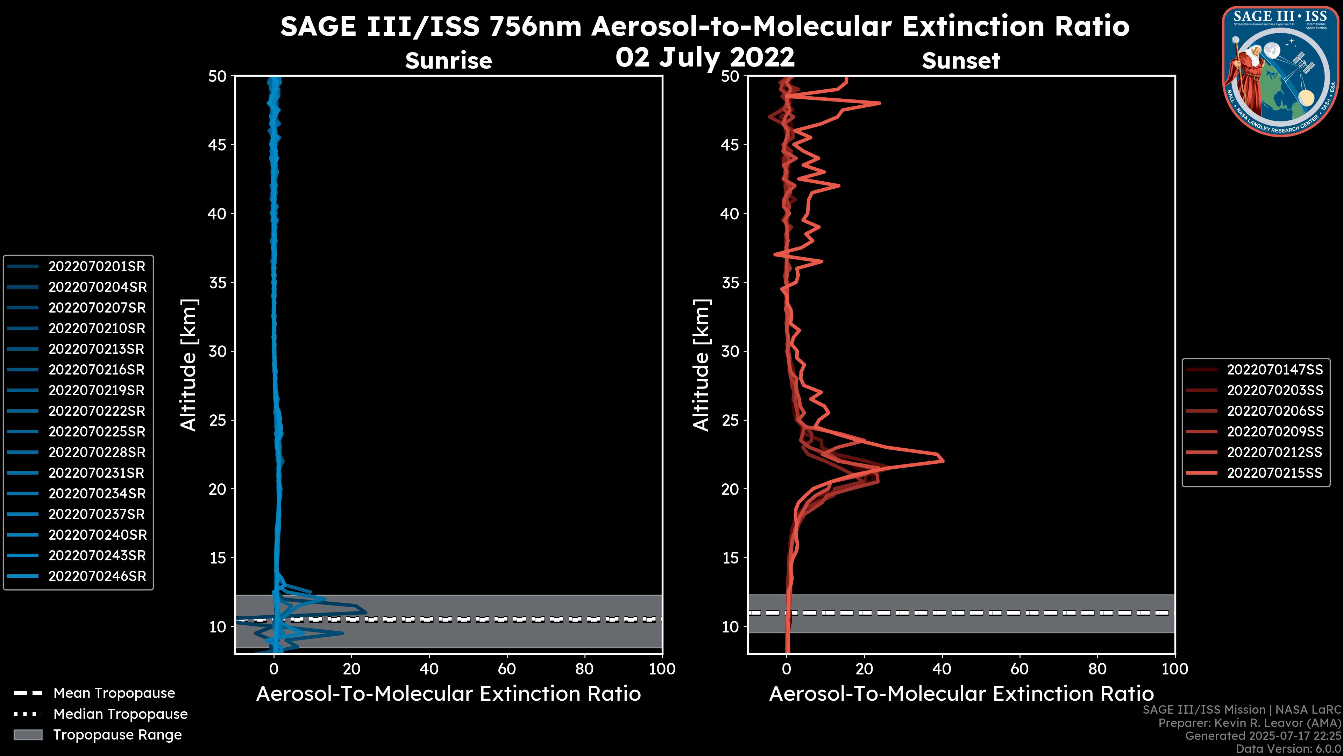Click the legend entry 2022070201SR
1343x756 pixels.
(x=97, y=267)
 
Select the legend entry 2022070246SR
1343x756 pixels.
(x=97, y=576)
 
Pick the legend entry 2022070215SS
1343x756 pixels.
(x=1274, y=473)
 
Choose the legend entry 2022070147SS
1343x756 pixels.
(x=1274, y=370)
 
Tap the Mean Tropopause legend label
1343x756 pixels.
(x=114, y=693)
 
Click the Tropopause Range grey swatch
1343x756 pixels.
(x=28, y=735)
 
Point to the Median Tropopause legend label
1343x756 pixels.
(x=120, y=714)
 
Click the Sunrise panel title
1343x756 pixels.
(x=448, y=61)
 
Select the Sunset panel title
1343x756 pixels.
(x=960, y=61)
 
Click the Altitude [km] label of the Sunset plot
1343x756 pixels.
(x=701, y=365)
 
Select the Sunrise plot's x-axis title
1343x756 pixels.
(x=448, y=694)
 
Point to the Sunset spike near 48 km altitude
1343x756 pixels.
(x=880, y=103)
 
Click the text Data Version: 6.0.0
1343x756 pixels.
(x=1289, y=749)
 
